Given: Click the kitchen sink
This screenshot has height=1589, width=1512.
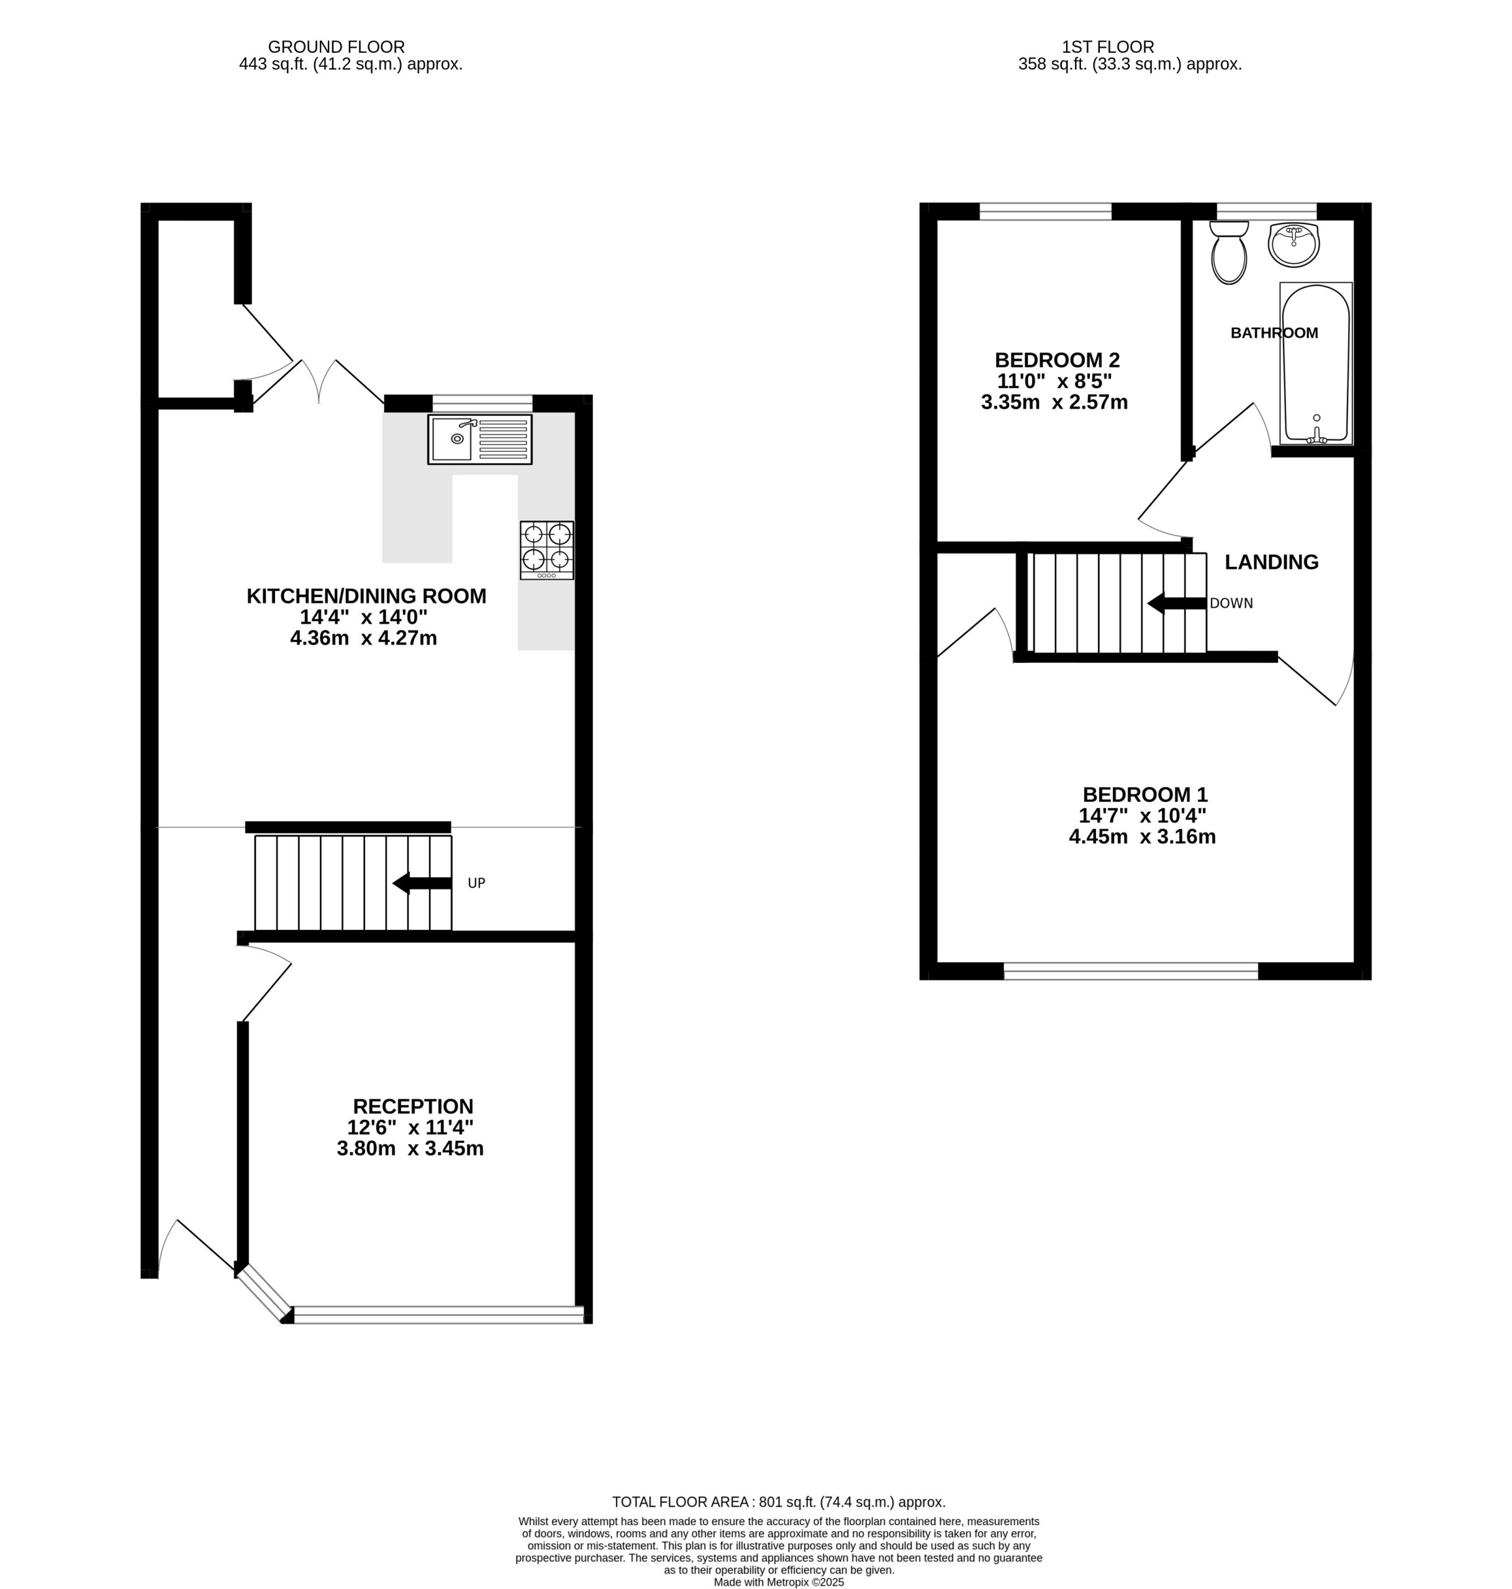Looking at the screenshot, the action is pyautogui.click(x=479, y=439).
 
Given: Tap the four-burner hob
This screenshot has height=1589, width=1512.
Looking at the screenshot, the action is pyautogui.click(x=547, y=551).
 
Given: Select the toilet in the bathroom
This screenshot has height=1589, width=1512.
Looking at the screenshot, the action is pyautogui.click(x=1229, y=252).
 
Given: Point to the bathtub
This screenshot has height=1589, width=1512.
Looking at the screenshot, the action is pyautogui.click(x=1316, y=363).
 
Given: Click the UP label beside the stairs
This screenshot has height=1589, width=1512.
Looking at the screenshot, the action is pyautogui.click(x=476, y=883).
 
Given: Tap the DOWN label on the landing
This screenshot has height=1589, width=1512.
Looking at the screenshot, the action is pyautogui.click(x=1231, y=603).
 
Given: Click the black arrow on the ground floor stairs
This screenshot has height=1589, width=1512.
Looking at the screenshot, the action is pyautogui.click(x=422, y=883).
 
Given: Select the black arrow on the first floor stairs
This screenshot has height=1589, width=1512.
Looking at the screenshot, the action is pyautogui.click(x=1177, y=603).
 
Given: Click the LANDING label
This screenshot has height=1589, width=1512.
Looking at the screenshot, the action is pyautogui.click(x=1271, y=562).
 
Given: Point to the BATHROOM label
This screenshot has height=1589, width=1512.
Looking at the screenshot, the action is pyautogui.click(x=1274, y=333).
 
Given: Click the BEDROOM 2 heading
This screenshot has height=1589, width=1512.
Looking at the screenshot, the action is pyautogui.click(x=1057, y=359).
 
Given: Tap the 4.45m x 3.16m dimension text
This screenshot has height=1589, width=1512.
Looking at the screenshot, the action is pyautogui.click(x=1142, y=837).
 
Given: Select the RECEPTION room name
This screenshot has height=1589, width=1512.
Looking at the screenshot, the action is pyautogui.click(x=413, y=1106).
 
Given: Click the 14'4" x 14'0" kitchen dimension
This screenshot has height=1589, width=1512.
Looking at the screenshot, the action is pyautogui.click(x=363, y=617).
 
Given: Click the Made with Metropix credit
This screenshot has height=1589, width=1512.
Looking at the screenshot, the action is pyautogui.click(x=779, y=1582).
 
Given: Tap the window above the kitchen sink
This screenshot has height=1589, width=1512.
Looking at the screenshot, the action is pyautogui.click(x=482, y=403).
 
